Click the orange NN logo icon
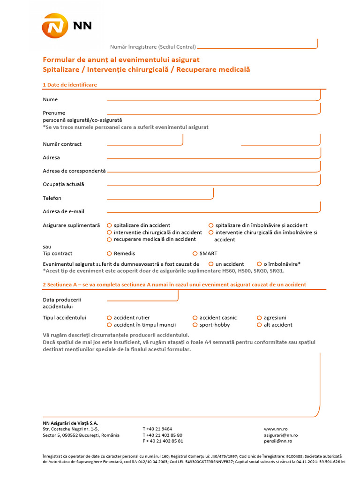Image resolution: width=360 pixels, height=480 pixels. tap(55, 26)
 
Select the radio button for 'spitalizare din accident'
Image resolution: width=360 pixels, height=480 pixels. tap(109, 225)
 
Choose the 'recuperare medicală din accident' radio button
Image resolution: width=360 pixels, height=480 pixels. tap(109, 240)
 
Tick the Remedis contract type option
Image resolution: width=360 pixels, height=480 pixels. tap(109, 254)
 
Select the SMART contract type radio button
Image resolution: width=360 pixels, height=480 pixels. tap(195, 254)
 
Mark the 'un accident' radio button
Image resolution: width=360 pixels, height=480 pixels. tap(211, 264)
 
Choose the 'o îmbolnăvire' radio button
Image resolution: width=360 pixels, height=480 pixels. tap(259, 264)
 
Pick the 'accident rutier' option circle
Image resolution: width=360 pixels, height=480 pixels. tap(109, 318)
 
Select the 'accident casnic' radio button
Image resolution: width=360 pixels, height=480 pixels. tap(195, 318)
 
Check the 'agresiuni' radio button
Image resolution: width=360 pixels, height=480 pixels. tap(259, 318)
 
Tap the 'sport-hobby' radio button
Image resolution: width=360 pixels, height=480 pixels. tap(195, 325)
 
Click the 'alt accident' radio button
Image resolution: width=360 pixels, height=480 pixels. tap(259, 325)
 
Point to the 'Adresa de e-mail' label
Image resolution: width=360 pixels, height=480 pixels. tap(63, 212)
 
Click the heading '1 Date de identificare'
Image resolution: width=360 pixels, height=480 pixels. tap(70, 85)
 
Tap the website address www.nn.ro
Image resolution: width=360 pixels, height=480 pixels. tap(276, 429)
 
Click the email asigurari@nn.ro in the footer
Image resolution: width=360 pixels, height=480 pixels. tap(281, 435)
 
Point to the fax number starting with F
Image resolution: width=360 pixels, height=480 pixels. tap(163, 441)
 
